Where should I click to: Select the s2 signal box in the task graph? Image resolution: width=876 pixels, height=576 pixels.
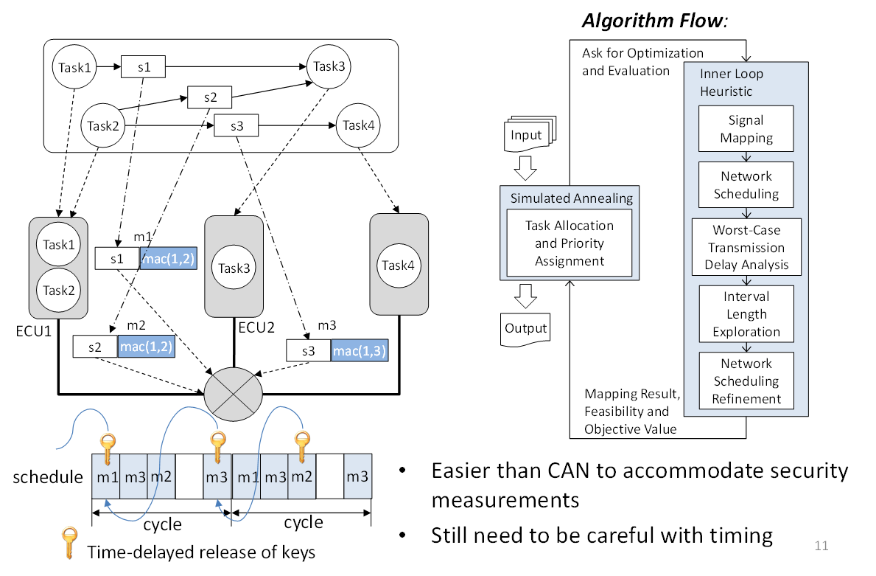coord(209,97)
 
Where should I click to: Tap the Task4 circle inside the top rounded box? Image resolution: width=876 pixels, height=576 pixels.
coord(358,125)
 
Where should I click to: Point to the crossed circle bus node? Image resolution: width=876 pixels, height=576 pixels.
coord(231,393)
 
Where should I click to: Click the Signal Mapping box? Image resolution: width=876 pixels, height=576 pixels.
coord(746,129)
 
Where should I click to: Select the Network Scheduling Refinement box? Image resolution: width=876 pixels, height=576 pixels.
coord(746,381)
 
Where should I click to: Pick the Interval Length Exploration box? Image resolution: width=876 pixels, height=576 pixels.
coord(746,313)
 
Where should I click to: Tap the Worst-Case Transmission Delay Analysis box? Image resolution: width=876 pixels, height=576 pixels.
coord(746,246)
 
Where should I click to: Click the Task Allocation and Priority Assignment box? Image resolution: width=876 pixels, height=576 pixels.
coord(570,243)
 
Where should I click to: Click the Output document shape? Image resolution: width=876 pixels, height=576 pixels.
coord(526,327)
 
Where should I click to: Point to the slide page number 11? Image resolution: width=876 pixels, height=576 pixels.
coord(821,546)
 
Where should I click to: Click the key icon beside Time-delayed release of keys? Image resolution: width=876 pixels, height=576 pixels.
coord(70,543)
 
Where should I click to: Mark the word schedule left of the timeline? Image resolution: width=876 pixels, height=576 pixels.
coord(48,477)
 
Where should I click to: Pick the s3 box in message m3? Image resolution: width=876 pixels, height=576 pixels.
coord(308,351)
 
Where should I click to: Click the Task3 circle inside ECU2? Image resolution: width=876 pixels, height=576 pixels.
coord(234,268)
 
